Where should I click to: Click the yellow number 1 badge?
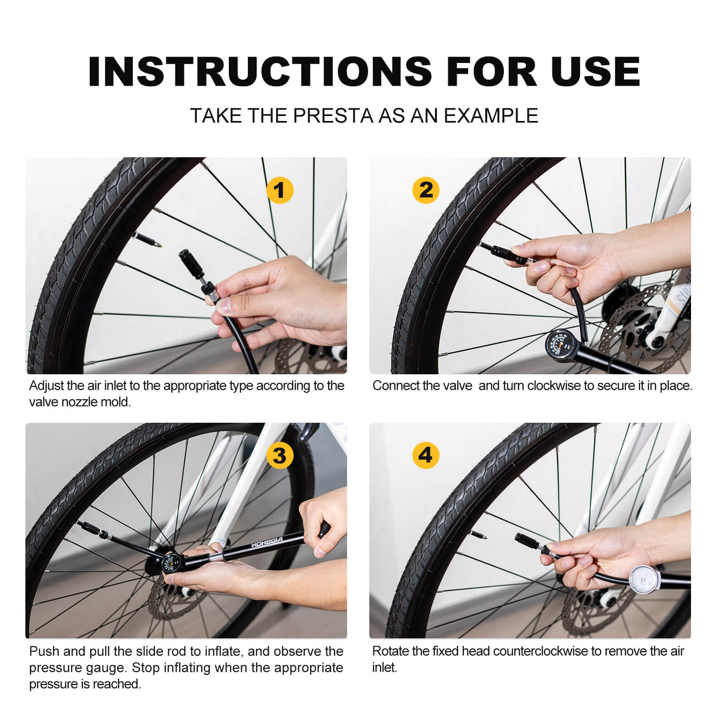coord(280,190)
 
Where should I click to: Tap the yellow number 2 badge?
coord(426,190)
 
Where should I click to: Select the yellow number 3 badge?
coord(280,455)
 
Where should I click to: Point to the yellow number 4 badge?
coord(426,455)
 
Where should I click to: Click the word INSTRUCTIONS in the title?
coord(260,72)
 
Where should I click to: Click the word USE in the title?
coord(595,72)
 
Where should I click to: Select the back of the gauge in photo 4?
coord(644,580)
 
